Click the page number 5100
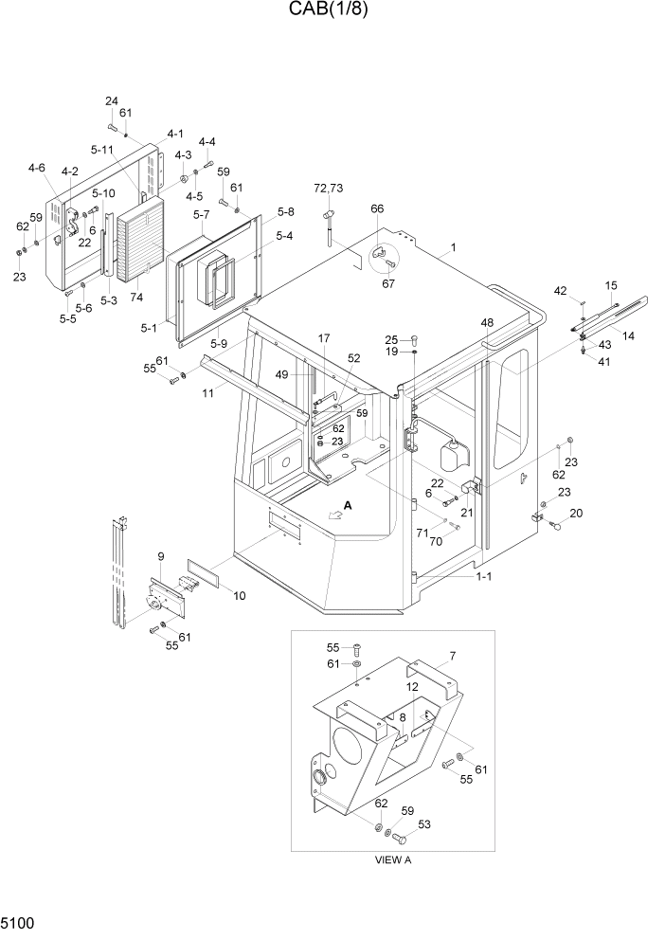coord(19,922)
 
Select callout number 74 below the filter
coord(136,298)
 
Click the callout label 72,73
coord(328,190)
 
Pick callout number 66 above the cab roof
coord(377,208)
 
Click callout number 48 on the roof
coord(487,323)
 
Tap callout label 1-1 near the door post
coord(482,575)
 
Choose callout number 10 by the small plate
coord(240,596)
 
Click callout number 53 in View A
coord(423,824)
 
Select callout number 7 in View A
coord(453,655)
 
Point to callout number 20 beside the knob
coord(576,514)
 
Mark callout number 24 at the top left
coord(111,101)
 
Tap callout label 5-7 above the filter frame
coord(201,216)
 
